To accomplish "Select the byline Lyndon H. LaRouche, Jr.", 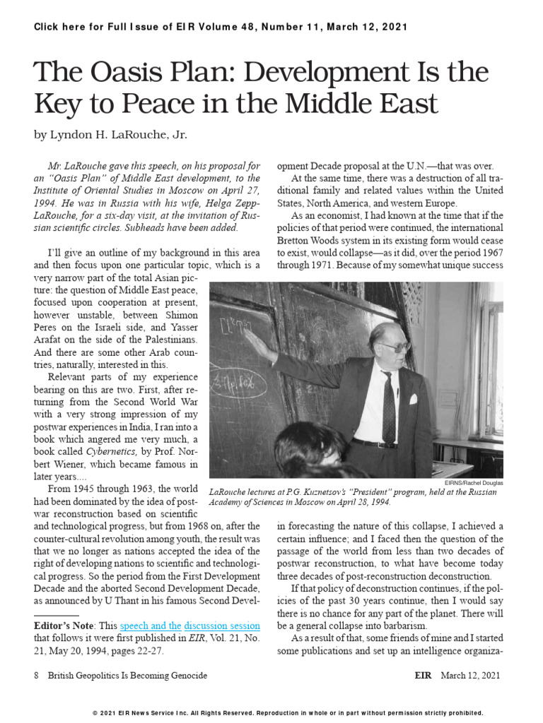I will pos(111,134).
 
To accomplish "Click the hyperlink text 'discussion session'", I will pos(222,626).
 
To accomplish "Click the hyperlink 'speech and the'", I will pos(151,626).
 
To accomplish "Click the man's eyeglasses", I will pos(395,347).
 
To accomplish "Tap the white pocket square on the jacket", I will pos(413,399).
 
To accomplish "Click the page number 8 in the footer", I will pos(36,676).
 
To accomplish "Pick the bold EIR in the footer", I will pos(424,676).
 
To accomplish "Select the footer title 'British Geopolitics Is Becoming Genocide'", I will pos(127,676).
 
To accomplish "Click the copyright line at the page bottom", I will pos(288,713).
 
